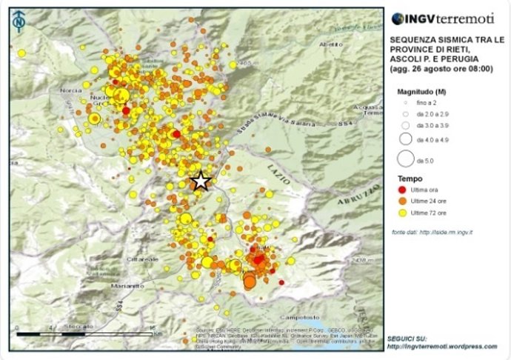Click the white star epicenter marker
[200, 181]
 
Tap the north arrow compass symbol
[18, 21]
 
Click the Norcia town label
[71, 91]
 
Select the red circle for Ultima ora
[405, 190]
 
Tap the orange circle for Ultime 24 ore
[405, 201]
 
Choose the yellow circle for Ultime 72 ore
[405, 213]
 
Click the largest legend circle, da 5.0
[405, 159]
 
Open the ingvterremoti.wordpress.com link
[441, 346]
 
